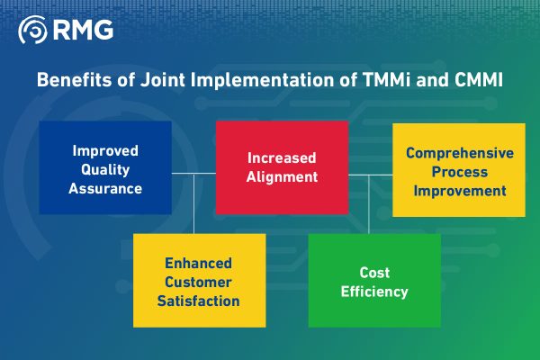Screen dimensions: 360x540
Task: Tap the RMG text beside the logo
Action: [x=83, y=31]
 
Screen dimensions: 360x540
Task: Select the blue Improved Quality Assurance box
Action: [x=104, y=167]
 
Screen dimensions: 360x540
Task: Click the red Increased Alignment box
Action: [x=282, y=166]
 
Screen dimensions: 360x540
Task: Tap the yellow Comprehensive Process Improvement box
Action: [x=459, y=171]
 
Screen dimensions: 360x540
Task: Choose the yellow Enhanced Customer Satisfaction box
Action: [x=199, y=281]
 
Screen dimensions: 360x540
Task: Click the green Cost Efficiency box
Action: [x=374, y=281]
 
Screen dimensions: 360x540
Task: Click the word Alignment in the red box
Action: [x=282, y=177]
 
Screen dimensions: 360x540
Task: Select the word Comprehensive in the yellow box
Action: [x=459, y=153]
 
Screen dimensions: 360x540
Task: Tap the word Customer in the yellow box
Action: [x=199, y=282]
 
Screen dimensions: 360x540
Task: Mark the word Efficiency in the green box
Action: [x=375, y=292]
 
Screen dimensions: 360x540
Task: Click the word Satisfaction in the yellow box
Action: [x=199, y=301]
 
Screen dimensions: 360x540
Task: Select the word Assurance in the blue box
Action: [x=105, y=189]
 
